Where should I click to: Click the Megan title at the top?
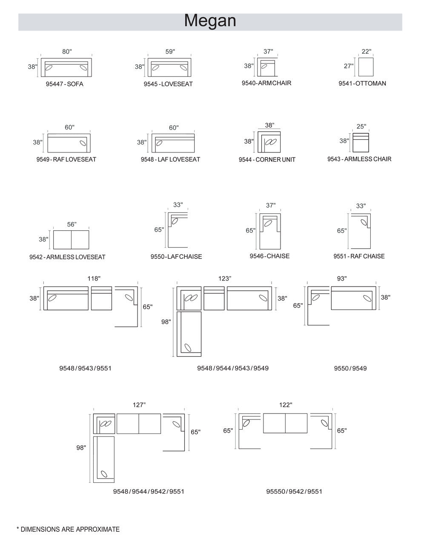pos(210,20)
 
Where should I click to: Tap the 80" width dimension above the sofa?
pos(67,52)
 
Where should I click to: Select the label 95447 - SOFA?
pos(64,84)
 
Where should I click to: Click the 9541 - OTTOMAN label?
pos(362,83)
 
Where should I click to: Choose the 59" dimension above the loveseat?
pos(170,52)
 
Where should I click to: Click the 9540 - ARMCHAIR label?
pos(266,83)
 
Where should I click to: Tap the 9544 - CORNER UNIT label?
pos(267,160)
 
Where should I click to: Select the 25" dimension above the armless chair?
pos(361,126)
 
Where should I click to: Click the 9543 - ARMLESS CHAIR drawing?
pos(361,143)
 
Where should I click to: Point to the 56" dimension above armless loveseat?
pos(72,224)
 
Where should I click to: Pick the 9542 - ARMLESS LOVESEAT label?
pos(67,257)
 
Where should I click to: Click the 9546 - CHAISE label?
pos(269,256)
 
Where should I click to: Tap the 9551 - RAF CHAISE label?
pos(359,256)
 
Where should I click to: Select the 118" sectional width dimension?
pos(94,278)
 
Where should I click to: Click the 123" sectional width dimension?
pos(225,278)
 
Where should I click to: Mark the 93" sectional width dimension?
pos(342,278)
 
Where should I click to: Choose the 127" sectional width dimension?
pos(139,405)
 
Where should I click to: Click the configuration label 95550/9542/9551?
pos(294,491)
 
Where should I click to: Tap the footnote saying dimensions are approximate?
pos(68,529)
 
